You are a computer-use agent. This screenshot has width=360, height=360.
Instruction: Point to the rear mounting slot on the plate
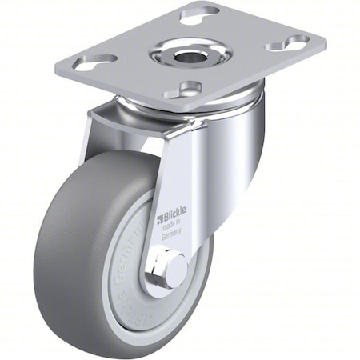(200, 13)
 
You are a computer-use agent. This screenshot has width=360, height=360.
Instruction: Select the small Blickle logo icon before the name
(160, 217)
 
